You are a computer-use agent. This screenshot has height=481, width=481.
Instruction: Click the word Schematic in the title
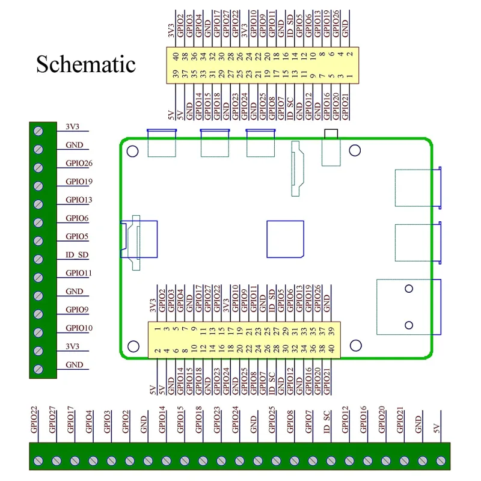point(86,64)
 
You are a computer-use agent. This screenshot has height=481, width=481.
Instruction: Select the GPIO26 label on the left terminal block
point(79,164)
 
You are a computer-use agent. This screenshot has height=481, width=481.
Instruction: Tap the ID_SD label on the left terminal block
point(77,255)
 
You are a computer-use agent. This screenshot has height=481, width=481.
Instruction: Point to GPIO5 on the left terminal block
point(77,237)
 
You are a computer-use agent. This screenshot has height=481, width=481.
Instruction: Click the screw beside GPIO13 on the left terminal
point(38,204)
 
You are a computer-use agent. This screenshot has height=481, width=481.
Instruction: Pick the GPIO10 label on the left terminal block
point(79,328)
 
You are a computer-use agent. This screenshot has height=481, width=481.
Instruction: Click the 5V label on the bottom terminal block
point(437,428)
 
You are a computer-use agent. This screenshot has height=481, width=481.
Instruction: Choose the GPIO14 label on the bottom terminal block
point(162,420)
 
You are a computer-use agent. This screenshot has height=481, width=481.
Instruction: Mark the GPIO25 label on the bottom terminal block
point(272,420)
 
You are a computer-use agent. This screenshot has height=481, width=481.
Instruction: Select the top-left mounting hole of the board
point(133,150)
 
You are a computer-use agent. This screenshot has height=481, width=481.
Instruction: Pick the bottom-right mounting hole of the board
point(355,345)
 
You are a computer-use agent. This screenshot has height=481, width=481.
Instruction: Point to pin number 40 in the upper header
point(176,57)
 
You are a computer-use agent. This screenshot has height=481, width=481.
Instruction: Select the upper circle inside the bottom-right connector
point(409,289)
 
